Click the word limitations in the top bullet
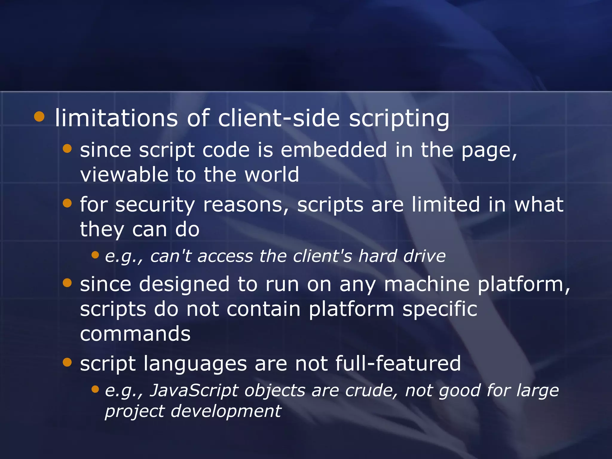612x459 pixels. coord(116,118)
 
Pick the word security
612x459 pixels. coord(155,205)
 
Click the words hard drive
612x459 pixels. coord(402,256)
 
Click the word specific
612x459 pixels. coord(440,309)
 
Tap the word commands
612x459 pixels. coord(135,334)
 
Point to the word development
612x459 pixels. coord(226,411)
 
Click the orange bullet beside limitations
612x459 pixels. coord(39,117)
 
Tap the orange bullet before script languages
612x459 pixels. coord(68,362)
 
